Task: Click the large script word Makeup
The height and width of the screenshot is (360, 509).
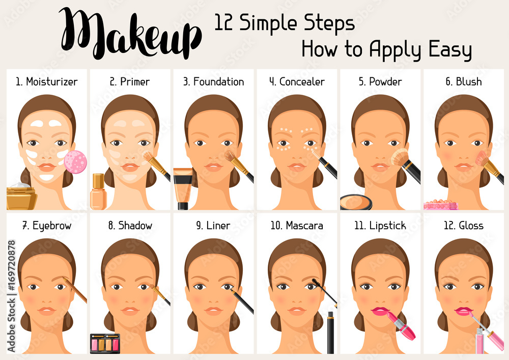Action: pyautogui.click(x=130, y=34)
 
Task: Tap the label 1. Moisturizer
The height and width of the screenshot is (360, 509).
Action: pyautogui.click(x=46, y=81)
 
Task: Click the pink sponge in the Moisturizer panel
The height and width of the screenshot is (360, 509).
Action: pyautogui.click(x=75, y=162)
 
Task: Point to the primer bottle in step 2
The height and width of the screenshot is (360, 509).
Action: pyautogui.click(x=97, y=192)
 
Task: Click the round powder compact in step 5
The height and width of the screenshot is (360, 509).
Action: pyautogui.click(x=356, y=202)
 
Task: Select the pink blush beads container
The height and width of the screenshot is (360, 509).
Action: pyautogui.click(x=441, y=205)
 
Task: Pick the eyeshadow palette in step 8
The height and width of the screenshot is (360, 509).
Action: pyautogui.click(x=105, y=344)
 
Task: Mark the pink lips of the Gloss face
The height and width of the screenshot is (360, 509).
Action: pyautogui.click(x=463, y=311)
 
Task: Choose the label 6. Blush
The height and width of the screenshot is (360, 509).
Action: pyautogui.click(x=463, y=81)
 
